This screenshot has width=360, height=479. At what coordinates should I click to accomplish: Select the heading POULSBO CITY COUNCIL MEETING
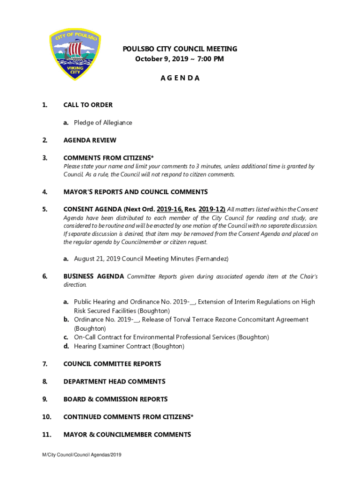click(180, 49)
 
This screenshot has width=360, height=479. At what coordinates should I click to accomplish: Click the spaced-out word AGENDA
click(180, 78)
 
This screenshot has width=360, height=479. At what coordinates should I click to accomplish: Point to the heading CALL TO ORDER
click(88, 105)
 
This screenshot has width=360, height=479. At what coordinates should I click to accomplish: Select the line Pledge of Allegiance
click(103, 123)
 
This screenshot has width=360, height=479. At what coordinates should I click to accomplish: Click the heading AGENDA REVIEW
click(90, 140)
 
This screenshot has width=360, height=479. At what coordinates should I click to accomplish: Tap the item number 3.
click(45, 158)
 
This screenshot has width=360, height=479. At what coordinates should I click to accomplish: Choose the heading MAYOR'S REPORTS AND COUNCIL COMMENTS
click(136, 192)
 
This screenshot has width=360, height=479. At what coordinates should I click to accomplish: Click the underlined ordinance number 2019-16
click(170, 209)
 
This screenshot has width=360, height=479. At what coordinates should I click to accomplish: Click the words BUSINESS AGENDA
click(94, 276)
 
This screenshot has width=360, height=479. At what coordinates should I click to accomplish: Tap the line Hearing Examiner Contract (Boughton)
click(129, 346)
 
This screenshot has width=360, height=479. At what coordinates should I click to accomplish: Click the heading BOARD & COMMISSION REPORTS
click(115, 399)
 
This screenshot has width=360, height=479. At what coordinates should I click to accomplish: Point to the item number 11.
click(46, 435)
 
